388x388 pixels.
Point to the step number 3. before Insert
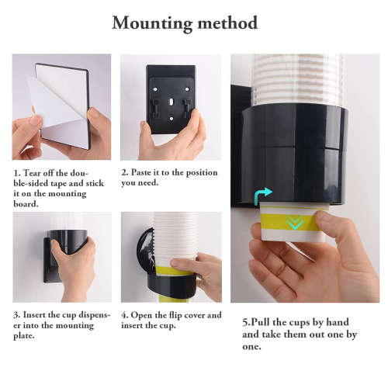click(16, 316)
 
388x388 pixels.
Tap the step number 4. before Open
click(125, 316)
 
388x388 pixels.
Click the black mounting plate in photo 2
click(170, 97)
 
